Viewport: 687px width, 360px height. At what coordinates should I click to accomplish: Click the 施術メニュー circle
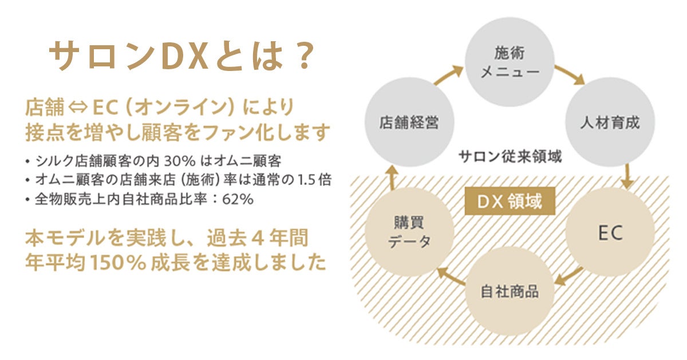tap(509, 62)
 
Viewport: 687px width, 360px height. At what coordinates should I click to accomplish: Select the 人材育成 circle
tap(610, 122)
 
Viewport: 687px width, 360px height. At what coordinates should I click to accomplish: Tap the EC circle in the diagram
tap(610, 232)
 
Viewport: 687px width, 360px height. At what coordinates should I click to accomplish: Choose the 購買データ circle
tap(409, 232)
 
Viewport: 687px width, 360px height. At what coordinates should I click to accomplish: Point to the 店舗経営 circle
tap(409, 122)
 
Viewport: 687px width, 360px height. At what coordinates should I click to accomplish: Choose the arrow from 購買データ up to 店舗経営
tap(393, 177)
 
